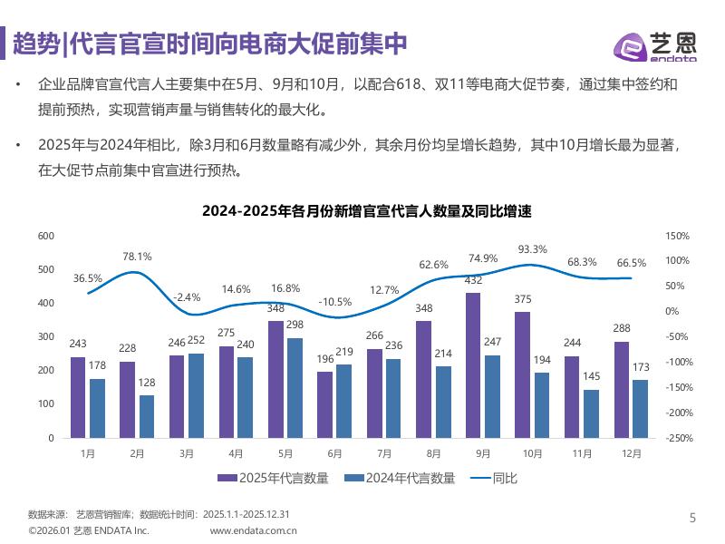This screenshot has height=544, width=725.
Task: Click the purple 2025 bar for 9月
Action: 472,365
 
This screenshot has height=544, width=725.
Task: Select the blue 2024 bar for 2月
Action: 147,416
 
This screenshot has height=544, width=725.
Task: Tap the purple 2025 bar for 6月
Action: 324,404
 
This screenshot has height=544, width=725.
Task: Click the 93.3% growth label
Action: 533,249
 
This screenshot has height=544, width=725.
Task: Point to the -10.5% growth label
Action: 335,302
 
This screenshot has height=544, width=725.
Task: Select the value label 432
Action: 472,281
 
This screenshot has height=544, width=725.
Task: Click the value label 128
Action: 147,384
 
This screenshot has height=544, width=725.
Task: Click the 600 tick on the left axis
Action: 45,236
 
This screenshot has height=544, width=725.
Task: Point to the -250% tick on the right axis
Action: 677,438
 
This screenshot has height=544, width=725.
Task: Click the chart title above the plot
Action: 366,211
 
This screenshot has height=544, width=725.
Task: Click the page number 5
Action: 693,519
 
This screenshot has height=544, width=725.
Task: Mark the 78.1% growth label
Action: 137,257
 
